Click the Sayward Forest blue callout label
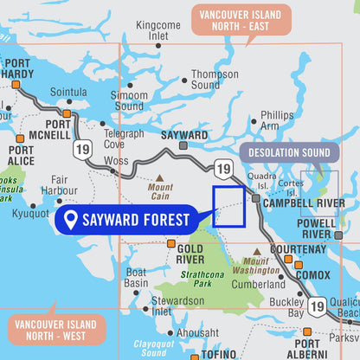coord(125,220)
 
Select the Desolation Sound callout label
coord(290,153)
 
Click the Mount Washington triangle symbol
coord(256,252)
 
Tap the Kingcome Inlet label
coord(158,31)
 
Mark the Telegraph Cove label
coord(124,138)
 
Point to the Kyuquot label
coord(31,212)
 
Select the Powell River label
coord(318,228)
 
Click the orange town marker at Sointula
coord(67,112)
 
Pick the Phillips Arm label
coord(277,119)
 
